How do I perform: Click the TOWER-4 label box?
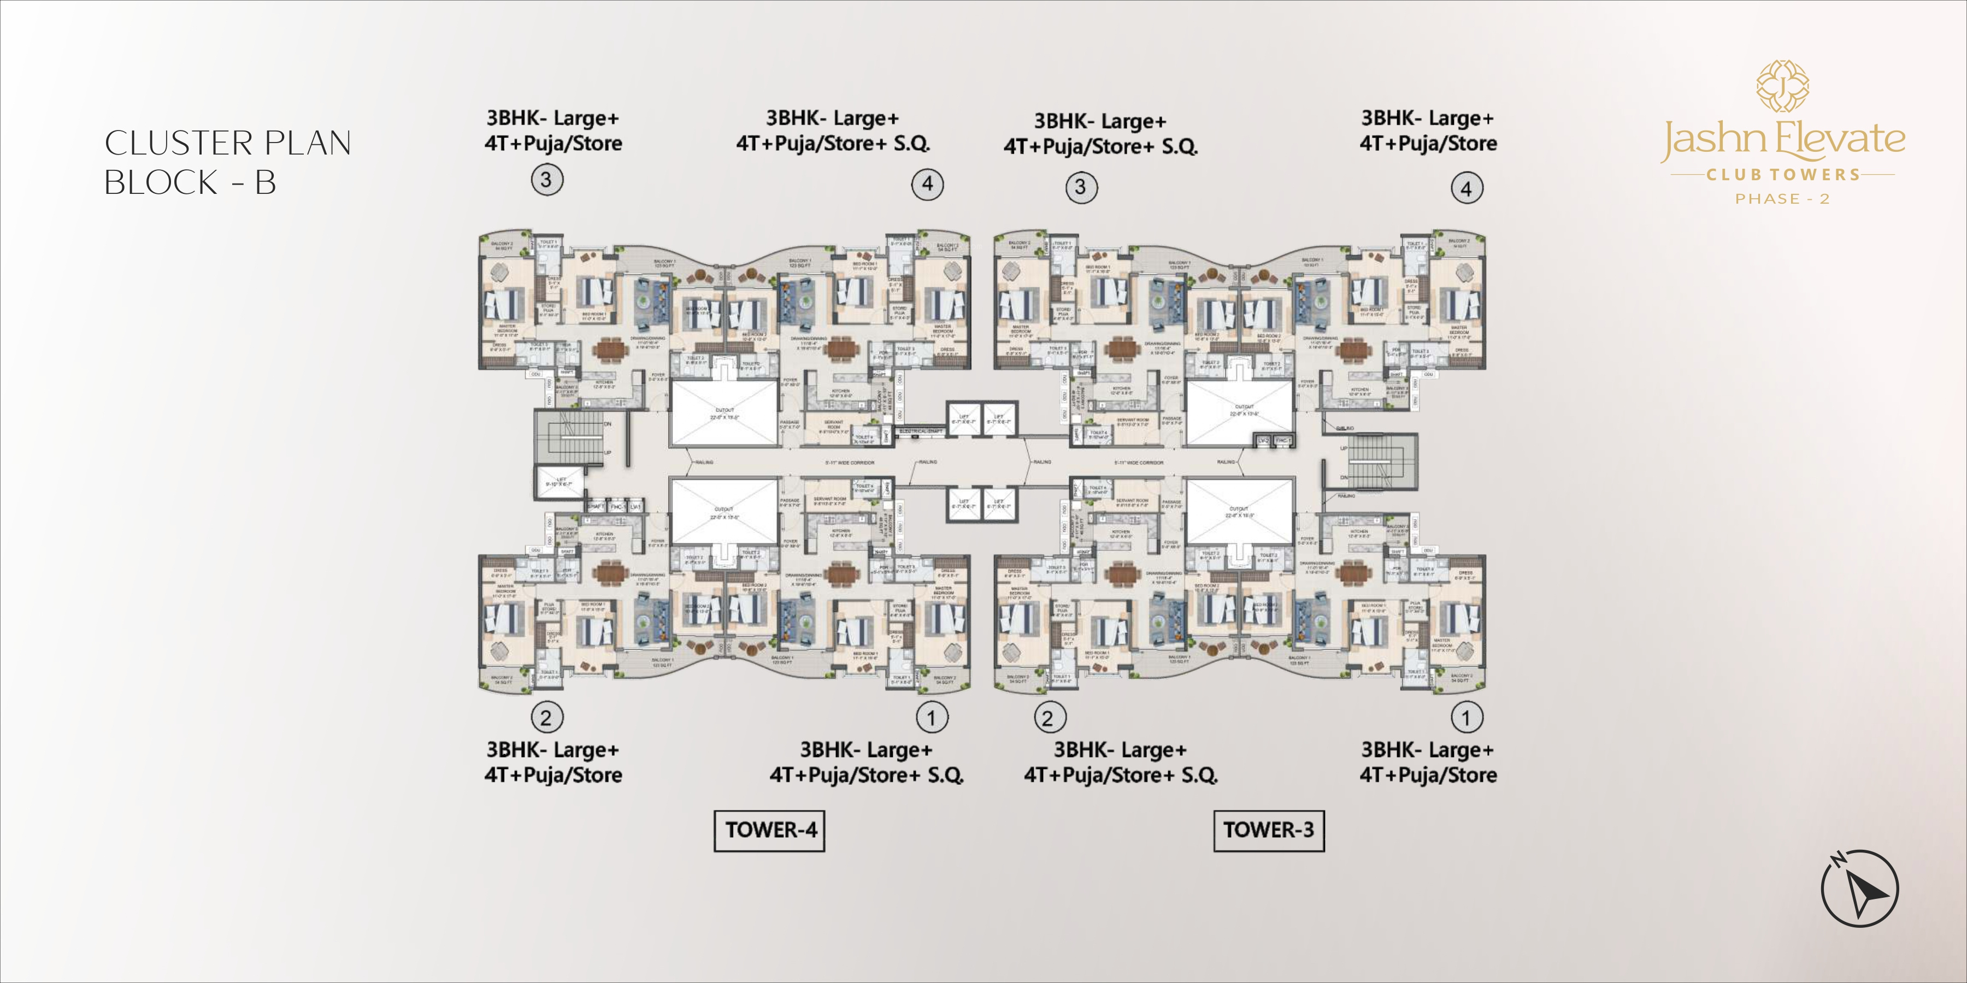click(x=770, y=830)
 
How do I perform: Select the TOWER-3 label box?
click(x=1268, y=830)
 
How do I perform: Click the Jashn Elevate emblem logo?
click(x=1782, y=86)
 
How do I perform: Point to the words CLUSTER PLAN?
click(x=227, y=144)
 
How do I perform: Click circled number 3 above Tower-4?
click(x=546, y=180)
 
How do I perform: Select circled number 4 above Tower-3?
click(x=1466, y=188)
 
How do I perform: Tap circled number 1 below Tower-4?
click(x=931, y=718)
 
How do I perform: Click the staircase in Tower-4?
click(x=568, y=436)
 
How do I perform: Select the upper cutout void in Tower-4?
click(x=725, y=413)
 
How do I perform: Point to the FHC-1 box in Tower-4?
click(x=617, y=507)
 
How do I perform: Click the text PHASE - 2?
click(x=1782, y=199)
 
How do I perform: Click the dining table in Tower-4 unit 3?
click(x=609, y=349)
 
